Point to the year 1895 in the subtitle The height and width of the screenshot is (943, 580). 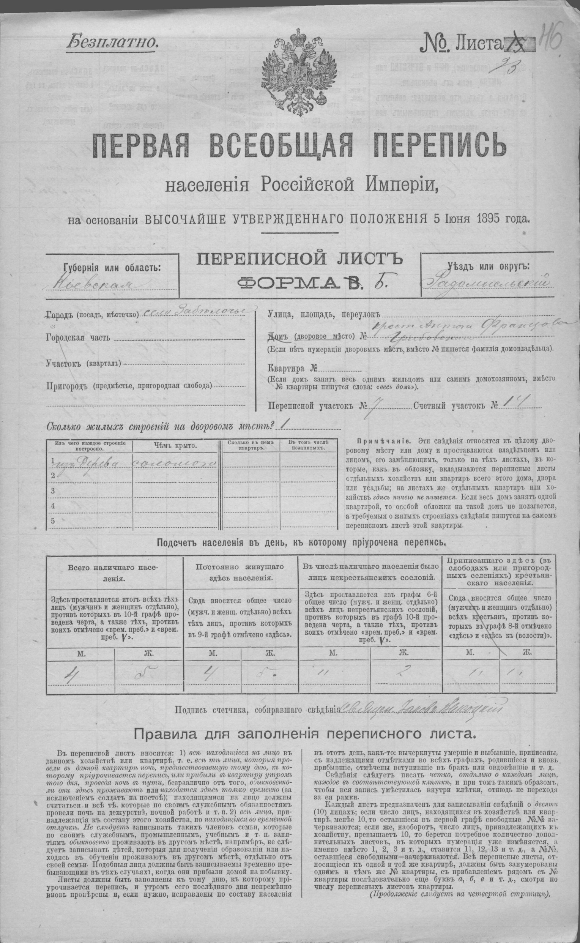pos(493,219)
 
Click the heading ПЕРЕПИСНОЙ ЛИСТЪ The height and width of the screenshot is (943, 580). pos(299,260)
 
